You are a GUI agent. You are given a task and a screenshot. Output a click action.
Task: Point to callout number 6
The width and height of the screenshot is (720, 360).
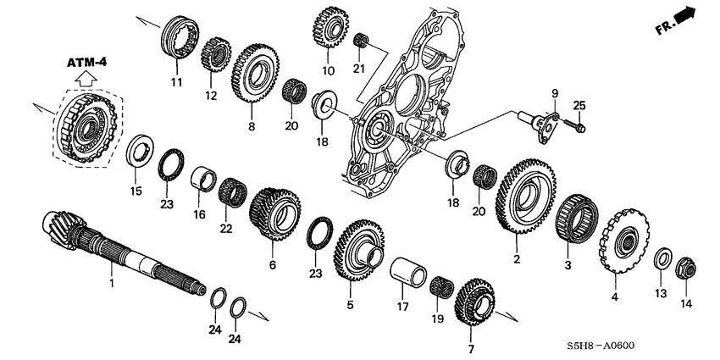coord(272,265)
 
